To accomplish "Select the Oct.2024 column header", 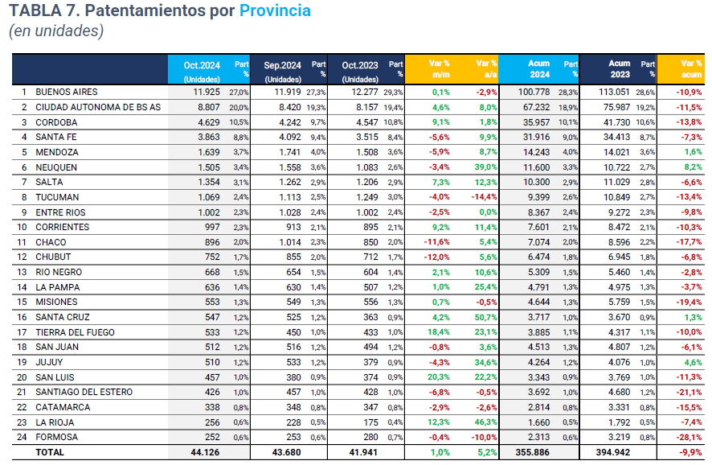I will pos(201,66).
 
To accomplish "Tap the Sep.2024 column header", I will pos(282,66).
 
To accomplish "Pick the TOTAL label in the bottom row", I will pos(50,453).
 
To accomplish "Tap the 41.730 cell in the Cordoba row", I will pos(618,122).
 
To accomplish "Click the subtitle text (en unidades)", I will pos(56,31).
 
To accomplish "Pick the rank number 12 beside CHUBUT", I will pos(25,257).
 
